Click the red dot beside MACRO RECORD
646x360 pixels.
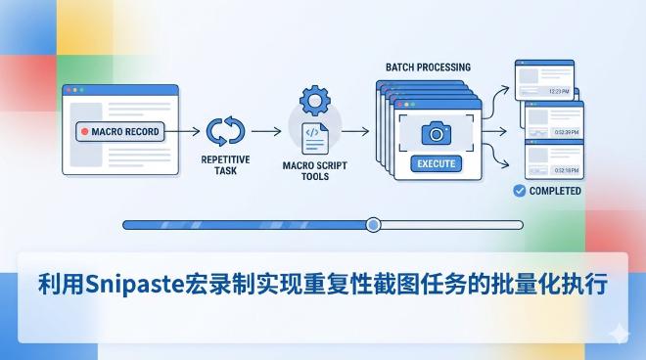pos(86,131)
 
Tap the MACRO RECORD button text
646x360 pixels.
pos(124,131)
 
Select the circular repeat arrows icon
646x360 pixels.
pos(225,131)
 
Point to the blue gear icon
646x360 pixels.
pos(314,101)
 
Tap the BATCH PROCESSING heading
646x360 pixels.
pos(429,67)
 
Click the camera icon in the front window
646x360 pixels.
pos(436,133)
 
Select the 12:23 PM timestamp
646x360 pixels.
pos(559,91)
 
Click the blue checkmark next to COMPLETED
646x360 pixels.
pos(519,191)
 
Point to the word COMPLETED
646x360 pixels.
pos(555,191)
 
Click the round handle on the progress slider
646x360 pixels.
pos(372,225)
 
